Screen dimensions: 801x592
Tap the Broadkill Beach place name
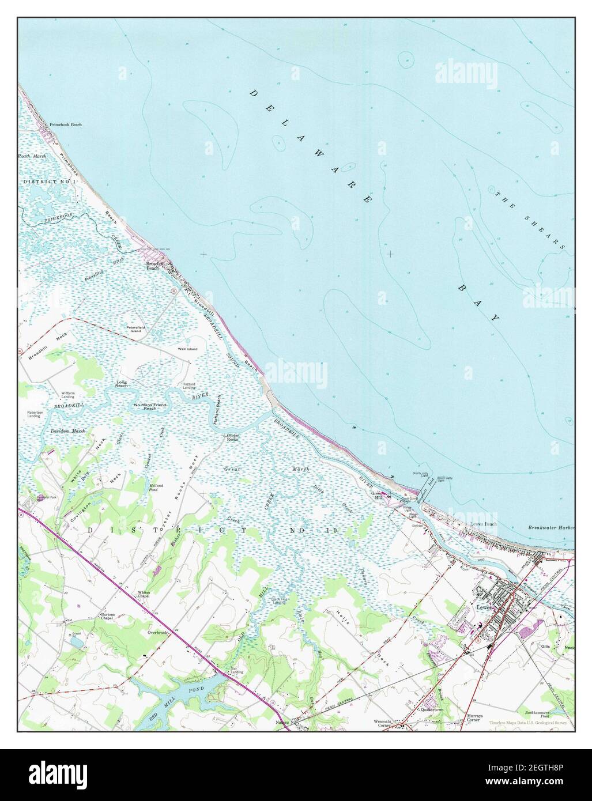[x=153, y=266]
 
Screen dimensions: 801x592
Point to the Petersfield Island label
[x=136, y=329]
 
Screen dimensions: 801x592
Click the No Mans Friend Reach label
[x=150, y=406]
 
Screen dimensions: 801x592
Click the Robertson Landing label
[x=34, y=414]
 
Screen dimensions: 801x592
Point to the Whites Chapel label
[x=144, y=594]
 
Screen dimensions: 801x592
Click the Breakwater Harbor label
[x=550, y=528]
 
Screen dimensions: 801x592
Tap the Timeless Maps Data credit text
[x=528, y=723]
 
